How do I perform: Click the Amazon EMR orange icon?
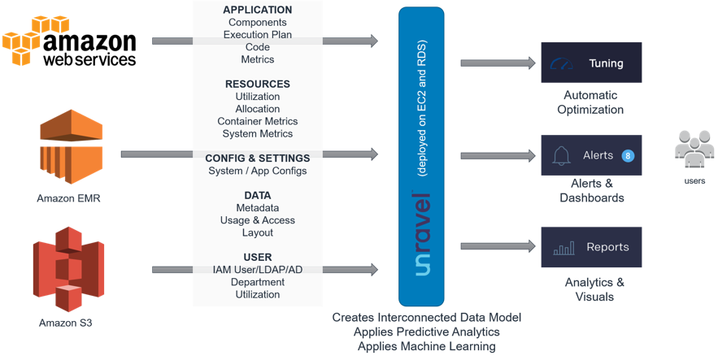point(68,150)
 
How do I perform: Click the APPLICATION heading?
point(257,10)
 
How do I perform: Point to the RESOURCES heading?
point(257,84)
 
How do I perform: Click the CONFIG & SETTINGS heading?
point(257,158)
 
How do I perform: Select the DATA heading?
point(257,195)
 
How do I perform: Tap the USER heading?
point(257,257)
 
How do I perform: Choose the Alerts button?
point(591,155)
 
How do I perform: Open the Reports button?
point(591,248)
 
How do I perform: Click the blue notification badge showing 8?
point(627,155)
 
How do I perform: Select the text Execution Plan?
point(257,35)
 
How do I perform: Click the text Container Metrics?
point(257,121)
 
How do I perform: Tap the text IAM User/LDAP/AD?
point(257,270)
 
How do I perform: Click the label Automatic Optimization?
point(591,102)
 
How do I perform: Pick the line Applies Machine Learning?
point(426,346)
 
